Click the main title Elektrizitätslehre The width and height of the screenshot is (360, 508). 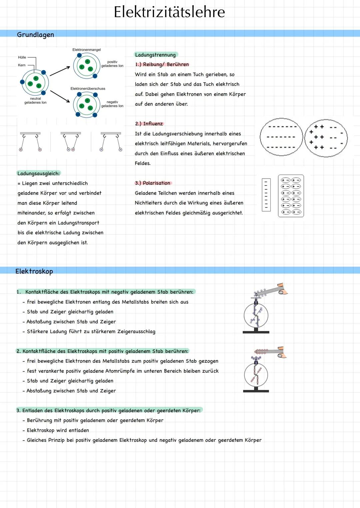pyautogui.click(x=169, y=12)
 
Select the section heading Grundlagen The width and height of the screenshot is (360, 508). pyautogui.click(x=35, y=35)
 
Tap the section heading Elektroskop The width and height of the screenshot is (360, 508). pyautogui.click(x=34, y=271)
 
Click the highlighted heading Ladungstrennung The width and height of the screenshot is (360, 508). pyautogui.click(x=155, y=55)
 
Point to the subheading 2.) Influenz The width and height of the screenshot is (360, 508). pyautogui.click(x=149, y=124)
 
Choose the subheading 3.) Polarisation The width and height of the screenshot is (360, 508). pyautogui.click(x=153, y=183)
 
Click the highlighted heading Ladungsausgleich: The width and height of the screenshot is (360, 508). pyautogui.click(x=39, y=173)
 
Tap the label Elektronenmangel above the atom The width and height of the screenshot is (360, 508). pyautogui.click(x=86, y=50)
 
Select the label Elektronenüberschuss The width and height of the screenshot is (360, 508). pyautogui.click(x=88, y=89)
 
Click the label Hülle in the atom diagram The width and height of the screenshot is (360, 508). pyautogui.click(x=22, y=57)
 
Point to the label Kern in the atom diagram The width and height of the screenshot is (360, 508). pyautogui.click(x=22, y=65)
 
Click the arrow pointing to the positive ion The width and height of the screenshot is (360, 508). pyautogui.click(x=60, y=71)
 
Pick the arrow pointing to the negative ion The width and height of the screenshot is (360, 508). pyautogui.click(x=60, y=96)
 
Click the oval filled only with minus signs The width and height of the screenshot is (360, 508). pyautogui.click(x=281, y=137)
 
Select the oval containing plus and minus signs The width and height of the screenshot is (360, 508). pyautogui.click(x=326, y=138)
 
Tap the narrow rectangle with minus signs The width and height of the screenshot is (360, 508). pyautogui.click(x=266, y=195)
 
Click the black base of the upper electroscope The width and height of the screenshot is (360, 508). pyautogui.click(x=256, y=332)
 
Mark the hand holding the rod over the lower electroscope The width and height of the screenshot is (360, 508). pyautogui.click(x=282, y=352)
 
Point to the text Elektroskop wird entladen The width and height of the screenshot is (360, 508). pyautogui.click(x=58, y=430)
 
